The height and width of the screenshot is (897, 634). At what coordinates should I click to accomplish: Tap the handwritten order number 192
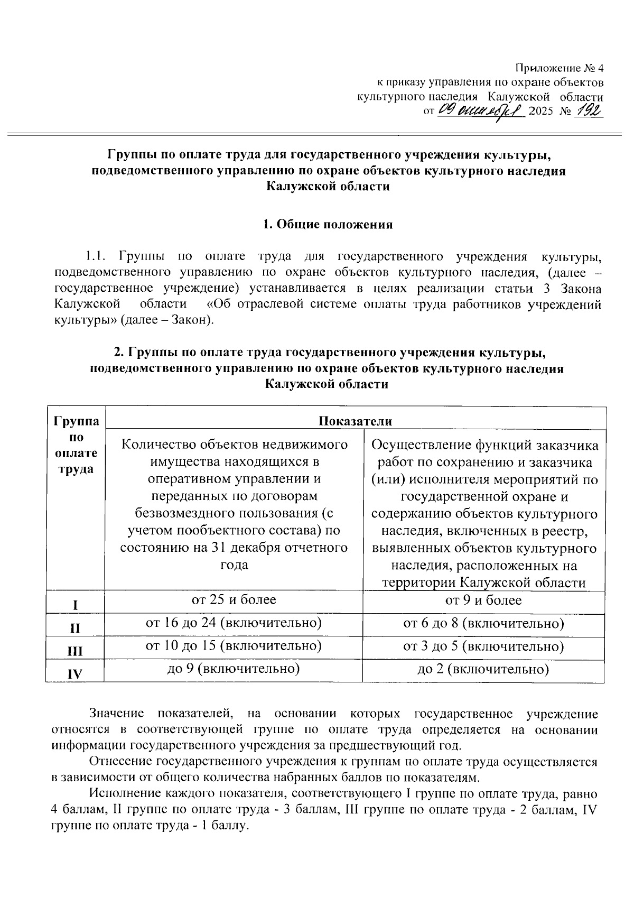(x=590, y=111)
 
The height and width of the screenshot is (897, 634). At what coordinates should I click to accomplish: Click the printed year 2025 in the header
(x=539, y=112)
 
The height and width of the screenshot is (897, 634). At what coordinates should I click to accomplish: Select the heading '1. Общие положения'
(x=328, y=224)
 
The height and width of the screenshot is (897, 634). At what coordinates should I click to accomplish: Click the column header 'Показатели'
(x=355, y=421)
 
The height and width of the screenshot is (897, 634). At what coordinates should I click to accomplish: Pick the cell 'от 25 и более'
(x=234, y=599)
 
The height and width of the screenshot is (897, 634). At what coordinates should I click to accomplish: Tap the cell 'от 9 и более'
(x=483, y=600)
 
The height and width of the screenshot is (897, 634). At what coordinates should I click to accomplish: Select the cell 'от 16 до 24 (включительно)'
(x=234, y=623)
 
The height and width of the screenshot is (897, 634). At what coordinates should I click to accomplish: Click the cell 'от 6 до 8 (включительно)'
(x=483, y=623)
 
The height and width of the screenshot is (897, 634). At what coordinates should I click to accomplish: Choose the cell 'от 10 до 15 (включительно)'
(x=234, y=646)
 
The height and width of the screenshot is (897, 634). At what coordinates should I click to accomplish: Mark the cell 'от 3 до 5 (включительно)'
(x=483, y=646)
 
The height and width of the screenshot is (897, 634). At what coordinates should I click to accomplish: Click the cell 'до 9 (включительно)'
(x=234, y=669)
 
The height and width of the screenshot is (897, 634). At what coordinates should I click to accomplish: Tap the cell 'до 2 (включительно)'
(x=483, y=670)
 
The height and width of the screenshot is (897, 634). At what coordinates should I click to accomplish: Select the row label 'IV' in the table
(x=76, y=674)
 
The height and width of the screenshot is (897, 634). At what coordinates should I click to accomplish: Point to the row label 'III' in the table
(x=76, y=651)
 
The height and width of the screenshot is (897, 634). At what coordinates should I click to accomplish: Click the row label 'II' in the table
(x=76, y=628)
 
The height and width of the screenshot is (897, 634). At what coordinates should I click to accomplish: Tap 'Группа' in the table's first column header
(x=76, y=421)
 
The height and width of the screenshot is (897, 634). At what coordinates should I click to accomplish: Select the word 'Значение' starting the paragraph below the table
(x=117, y=714)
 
